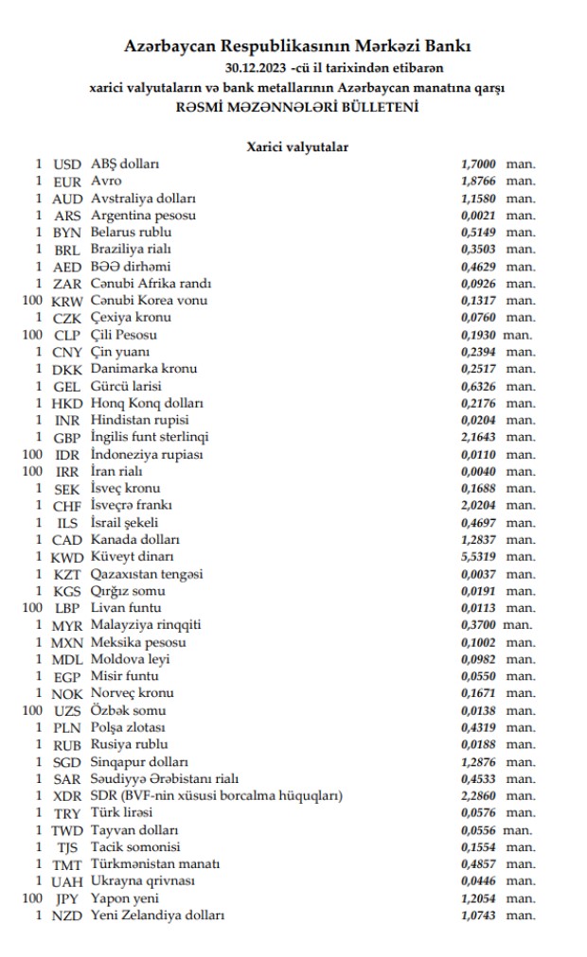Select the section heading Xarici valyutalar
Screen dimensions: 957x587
tap(297, 147)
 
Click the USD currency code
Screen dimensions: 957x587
tap(67, 164)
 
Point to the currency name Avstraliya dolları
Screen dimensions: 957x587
tap(143, 199)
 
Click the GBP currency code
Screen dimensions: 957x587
tap(67, 437)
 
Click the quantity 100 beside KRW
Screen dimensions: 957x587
tap(32, 301)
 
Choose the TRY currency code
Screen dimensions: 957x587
tap(67, 813)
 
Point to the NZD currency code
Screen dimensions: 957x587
tap(67, 915)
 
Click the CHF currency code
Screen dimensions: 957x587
tap(67, 506)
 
